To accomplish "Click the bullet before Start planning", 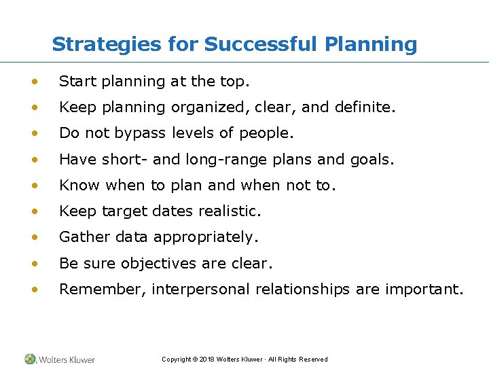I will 33,82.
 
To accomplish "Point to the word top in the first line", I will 234,82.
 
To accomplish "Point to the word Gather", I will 82,237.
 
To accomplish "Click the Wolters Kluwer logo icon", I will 31,359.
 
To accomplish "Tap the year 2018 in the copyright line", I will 207,360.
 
